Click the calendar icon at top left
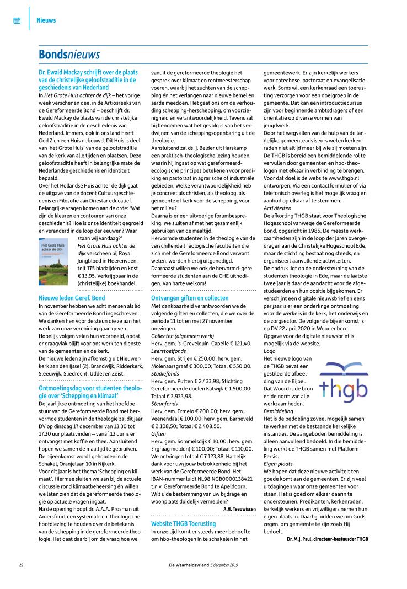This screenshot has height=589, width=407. (x=17, y=20)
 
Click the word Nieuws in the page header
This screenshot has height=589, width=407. (x=46, y=20)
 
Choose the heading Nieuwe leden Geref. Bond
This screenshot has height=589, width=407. (x=72, y=298)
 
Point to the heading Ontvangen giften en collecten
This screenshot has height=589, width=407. (x=190, y=298)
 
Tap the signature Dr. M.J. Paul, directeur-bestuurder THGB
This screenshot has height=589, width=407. (x=327, y=538)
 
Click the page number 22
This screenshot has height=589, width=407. (x=21, y=565)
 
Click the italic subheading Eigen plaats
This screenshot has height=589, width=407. (x=277, y=464)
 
